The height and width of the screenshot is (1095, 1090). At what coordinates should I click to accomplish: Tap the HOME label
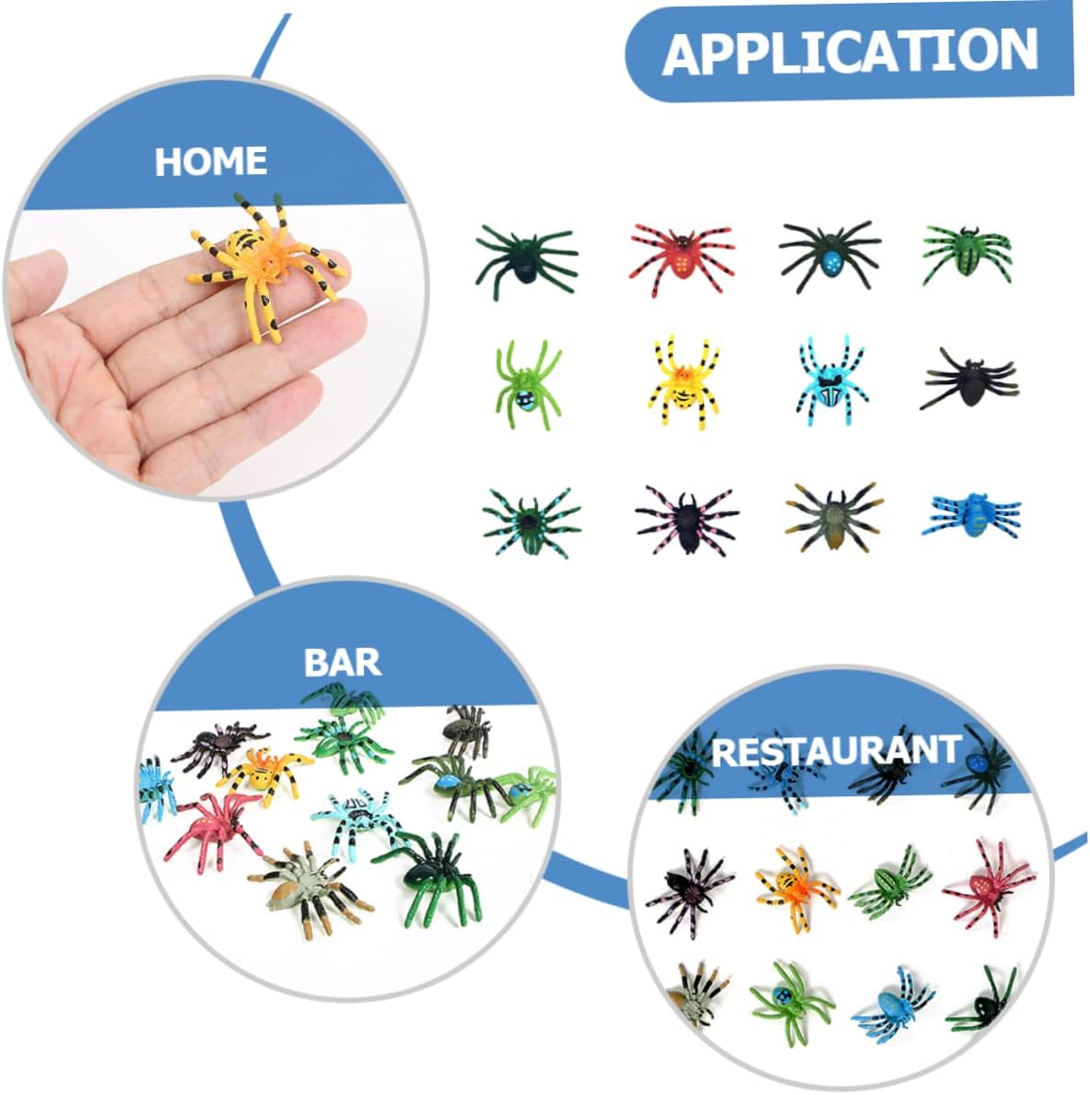pyautogui.click(x=211, y=161)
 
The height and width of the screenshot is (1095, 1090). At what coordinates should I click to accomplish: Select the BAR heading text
pyautogui.click(x=342, y=662)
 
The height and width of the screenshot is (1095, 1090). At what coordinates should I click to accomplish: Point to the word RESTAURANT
pyautogui.click(x=837, y=750)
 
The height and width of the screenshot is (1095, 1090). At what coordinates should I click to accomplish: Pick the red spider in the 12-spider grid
pyautogui.click(x=681, y=254)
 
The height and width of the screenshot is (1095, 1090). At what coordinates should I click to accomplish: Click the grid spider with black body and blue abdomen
pyautogui.click(x=829, y=253)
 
